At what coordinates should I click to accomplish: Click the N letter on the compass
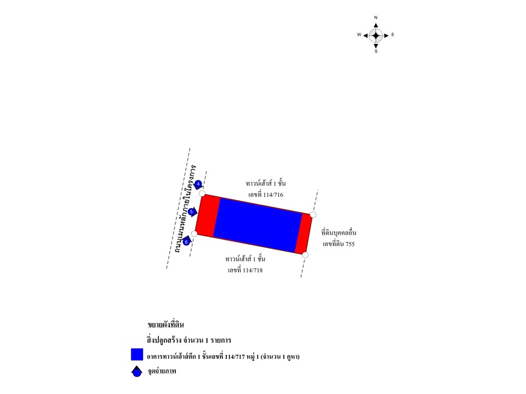point(376,18)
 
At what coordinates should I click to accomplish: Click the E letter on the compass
point(392,34)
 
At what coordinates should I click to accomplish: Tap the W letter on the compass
point(359,34)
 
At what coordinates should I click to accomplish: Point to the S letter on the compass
point(376,51)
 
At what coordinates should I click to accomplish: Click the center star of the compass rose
point(376,35)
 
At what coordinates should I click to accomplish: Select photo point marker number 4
point(198,184)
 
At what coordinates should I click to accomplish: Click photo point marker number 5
point(192,212)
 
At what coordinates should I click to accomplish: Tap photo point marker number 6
point(186,241)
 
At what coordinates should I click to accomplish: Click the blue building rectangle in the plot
point(258,225)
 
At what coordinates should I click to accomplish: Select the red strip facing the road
point(208,216)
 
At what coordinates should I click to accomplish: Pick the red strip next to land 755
point(304,234)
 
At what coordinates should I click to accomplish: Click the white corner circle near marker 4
point(202,194)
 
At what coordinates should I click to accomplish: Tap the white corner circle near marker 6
point(194,234)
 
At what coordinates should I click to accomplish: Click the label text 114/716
point(273,195)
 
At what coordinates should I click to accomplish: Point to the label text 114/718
point(252,270)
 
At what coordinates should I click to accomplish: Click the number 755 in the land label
point(350,244)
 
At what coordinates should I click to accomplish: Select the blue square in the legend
point(137,355)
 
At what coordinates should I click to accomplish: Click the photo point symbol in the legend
point(136,372)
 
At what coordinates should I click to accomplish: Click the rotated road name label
point(185,208)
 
